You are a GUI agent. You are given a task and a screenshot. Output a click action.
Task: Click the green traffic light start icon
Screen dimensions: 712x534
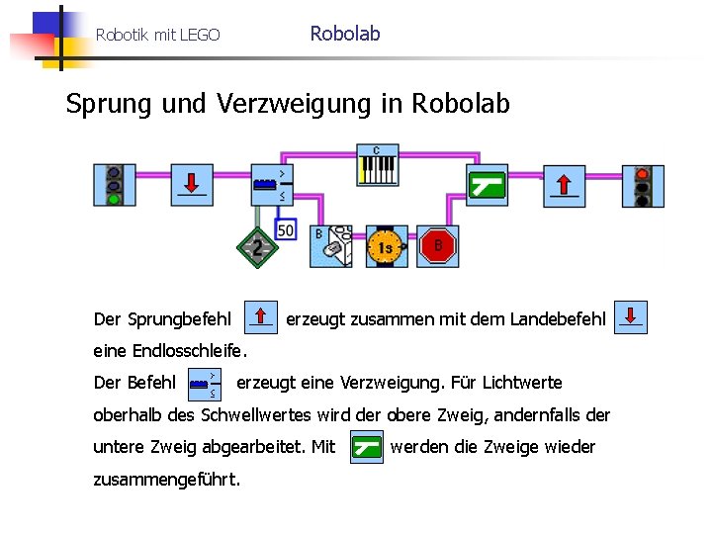coord(114,185)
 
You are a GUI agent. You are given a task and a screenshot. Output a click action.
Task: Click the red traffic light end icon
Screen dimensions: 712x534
coord(643,186)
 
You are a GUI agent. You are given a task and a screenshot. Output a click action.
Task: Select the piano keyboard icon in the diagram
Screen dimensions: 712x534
coord(377,166)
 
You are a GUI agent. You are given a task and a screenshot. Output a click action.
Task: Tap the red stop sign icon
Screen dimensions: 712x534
coord(438,246)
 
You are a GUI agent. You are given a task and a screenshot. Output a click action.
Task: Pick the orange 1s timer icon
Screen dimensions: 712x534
coord(386,246)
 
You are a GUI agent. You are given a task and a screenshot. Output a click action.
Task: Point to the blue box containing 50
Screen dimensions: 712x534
coord(285,229)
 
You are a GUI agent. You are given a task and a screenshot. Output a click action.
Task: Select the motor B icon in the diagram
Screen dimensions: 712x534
coord(331,246)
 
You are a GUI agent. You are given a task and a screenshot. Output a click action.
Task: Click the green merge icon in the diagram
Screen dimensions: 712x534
coord(487,185)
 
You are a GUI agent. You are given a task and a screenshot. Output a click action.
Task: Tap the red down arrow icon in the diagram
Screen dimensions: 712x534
coord(193,185)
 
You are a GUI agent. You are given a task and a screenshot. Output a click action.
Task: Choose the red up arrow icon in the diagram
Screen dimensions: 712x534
coord(563,185)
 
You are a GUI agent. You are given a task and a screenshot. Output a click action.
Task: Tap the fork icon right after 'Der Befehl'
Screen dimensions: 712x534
coord(205,382)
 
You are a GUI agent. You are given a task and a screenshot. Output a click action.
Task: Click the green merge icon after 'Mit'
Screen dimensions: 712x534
coord(367,447)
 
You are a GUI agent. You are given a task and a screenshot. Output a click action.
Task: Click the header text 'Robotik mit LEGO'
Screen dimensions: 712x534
coord(157,36)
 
